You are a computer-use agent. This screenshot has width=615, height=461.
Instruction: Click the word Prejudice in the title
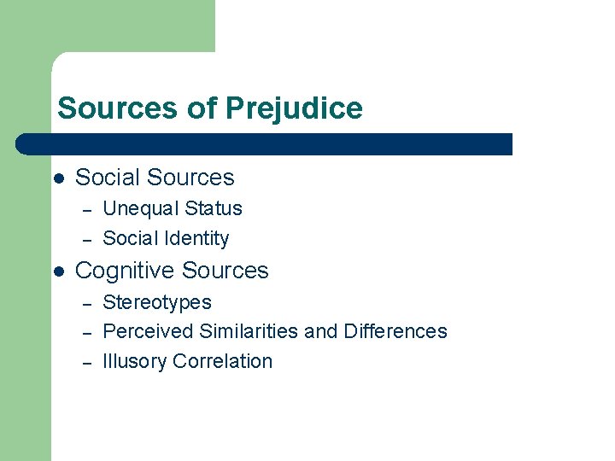pos(294,108)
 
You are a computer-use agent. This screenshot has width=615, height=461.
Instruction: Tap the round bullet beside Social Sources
pos(58,178)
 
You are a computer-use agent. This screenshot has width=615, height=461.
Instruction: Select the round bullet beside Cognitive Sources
pos(58,271)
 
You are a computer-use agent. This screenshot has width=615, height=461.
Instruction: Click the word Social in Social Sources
pos(107,178)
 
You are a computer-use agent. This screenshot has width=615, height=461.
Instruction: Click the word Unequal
pos(137,208)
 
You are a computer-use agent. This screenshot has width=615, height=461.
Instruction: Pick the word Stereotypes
pos(157,302)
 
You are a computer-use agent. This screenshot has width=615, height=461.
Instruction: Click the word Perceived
pos(147,331)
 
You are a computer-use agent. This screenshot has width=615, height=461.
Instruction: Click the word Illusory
pos(134,361)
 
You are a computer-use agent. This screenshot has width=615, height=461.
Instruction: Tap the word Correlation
pos(222,361)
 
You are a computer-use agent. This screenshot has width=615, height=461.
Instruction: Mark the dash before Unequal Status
pos(85,210)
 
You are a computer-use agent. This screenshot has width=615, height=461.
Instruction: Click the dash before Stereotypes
pos(85,303)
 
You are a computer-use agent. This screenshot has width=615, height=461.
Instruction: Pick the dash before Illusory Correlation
pos(85,362)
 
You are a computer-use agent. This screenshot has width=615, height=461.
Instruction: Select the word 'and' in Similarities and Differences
pos(321,331)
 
